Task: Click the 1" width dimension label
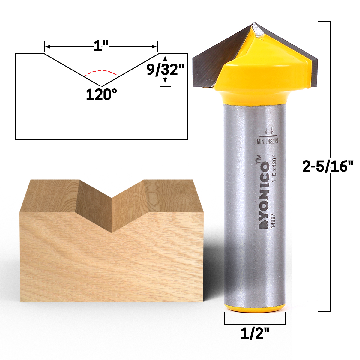pos(101,46)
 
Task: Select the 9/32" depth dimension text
pos(165,70)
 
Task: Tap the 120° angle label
pos(101,95)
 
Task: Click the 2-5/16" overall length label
pos(328,166)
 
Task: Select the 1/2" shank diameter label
pos(255,333)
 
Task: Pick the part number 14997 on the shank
pos(273,221)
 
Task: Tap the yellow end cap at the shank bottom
pos(255,308)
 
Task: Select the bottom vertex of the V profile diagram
pos(102,86)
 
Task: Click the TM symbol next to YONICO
pos(258,159)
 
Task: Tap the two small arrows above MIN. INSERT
pos(268,131)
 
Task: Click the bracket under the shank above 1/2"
pos(255,324)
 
